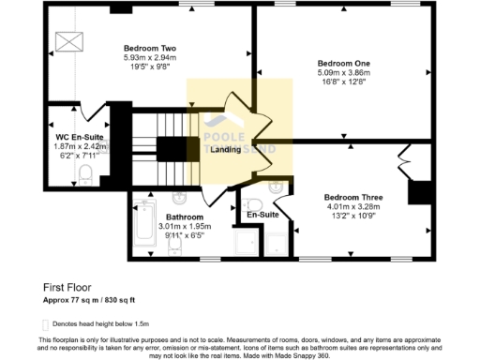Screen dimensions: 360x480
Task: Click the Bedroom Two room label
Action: coord(150,48)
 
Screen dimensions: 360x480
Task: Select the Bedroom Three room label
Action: coord(353,198)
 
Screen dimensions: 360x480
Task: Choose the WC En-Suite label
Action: coord(79,137)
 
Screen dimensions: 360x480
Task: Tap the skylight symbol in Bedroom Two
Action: coord(67,42)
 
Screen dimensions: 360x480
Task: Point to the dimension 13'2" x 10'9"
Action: coord(353,217)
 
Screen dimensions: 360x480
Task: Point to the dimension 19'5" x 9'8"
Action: coord(150,67)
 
